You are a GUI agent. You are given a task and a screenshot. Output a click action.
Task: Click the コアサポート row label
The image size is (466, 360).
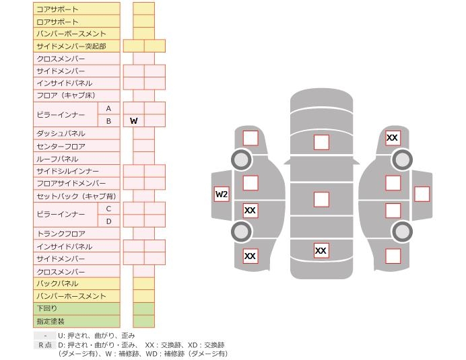pyautogui.click(x=57, y=9)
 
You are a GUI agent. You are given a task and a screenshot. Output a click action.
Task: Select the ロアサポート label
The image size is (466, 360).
pyautogui.click(x=57, y=22)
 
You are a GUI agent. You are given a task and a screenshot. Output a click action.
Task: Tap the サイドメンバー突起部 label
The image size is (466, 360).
pyautogui.click(x=71, y=46)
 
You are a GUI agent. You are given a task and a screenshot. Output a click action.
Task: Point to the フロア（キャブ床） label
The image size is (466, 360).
pyautogui.click(x=65, y=96)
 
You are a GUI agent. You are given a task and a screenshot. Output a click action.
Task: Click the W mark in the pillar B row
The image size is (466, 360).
pyautogui.click(x=134, y=121)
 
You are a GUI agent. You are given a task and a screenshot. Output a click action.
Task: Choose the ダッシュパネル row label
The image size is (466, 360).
pyautogui.click(x=61, y=134)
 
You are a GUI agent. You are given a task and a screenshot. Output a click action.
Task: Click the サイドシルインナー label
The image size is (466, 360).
pyautogui.click(x=67, y=172)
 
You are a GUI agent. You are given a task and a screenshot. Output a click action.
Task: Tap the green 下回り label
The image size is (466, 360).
pyautogui.click(x=47, y=309)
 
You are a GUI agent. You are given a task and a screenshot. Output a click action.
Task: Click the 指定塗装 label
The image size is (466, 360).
pyautogui.click(x=49, y=322)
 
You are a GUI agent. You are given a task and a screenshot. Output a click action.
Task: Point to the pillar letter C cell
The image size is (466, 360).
pyautogui.click(x=108, y=209)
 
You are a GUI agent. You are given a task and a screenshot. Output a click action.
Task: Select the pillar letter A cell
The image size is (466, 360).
pyautogui.click(x=108, y=108)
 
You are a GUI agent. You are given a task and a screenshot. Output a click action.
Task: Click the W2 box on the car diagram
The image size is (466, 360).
pyautogui.click(x=222, y=194)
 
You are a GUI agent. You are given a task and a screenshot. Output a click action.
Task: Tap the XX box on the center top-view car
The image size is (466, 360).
pyautogui.click(x=321, y=251)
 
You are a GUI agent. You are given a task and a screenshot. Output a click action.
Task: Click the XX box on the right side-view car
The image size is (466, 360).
pyautogui.click(x=393, y=138)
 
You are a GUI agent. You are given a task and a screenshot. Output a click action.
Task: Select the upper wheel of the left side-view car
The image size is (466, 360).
pyautogui.click(x=241, y=160)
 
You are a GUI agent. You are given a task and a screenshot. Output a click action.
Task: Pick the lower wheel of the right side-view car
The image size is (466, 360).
pyautogui.click(x=402, y=231)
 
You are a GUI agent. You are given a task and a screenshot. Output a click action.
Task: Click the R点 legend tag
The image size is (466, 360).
pyautogui.click(x=44, y=345)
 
